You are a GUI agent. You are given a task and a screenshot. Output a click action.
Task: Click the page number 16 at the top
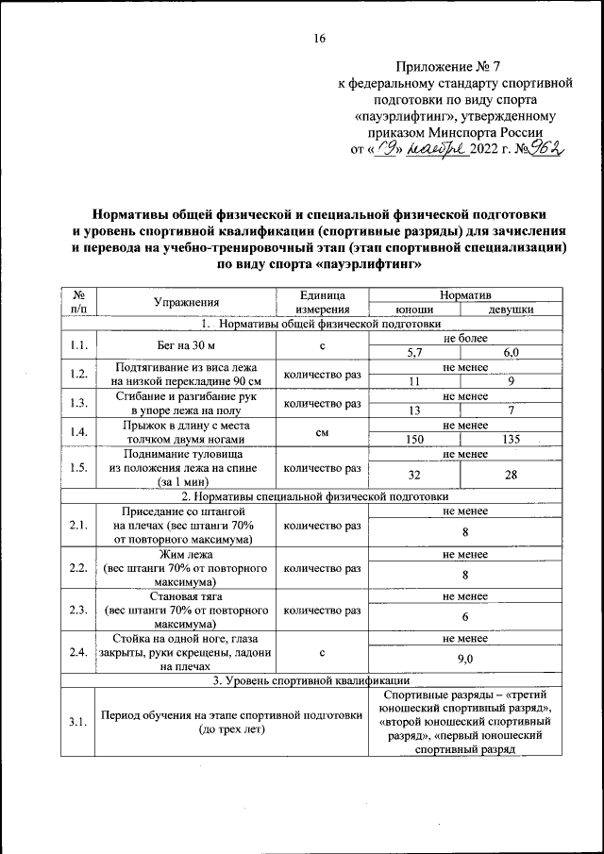(x=319, y=39)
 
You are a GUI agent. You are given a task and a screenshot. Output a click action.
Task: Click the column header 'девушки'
(x=511, y=309)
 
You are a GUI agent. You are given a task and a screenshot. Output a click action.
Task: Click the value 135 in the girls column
(x=511, y=440)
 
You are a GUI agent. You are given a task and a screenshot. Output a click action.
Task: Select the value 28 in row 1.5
(x=511, y=475)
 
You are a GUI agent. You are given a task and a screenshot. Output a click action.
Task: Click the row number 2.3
(x=78, y=611)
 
